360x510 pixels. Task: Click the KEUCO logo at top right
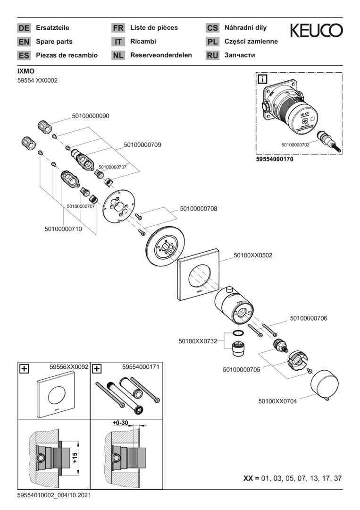click(x=316, y=31)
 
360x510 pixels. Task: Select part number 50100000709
click(x=142, y=145)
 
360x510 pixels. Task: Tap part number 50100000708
click(x=198, y=208)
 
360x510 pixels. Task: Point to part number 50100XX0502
click(x=253, y=255)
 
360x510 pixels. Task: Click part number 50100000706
click(x=308, y=318)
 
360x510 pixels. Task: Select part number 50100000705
click(x=242, y=370)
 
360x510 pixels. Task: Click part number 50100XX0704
click(x=277, y=401)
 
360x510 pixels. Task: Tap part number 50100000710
click(x=63, y=229)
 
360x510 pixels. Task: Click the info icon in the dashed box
click(x=262, y=79)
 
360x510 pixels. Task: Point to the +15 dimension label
click(x=74, y=457)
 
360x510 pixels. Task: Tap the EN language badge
click(x=24, y=42)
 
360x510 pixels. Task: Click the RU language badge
click(x=212, y=55)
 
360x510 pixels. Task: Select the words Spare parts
click(x=54, y=42)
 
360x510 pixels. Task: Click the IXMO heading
click(x=25, y=71)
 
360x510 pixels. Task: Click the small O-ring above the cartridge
click(x=239, y=334)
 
